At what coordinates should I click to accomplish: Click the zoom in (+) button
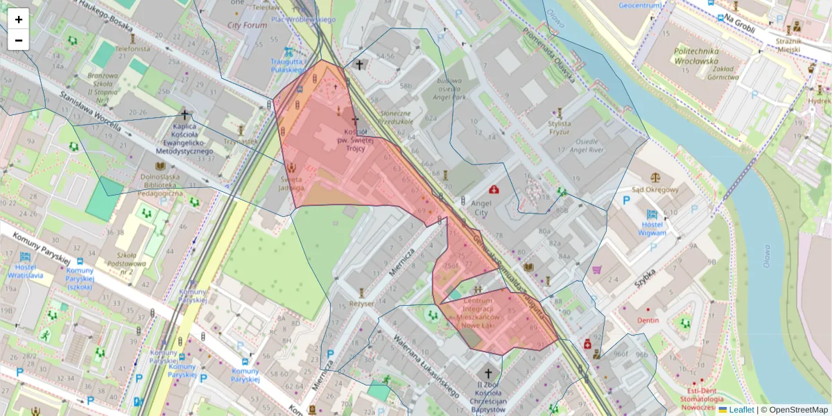click(x=19, y=19)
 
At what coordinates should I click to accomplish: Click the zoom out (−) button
click(x=19, y=40)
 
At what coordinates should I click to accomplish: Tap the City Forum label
click(x=247, y=26)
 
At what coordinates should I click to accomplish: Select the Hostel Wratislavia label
click(x=26, y=271)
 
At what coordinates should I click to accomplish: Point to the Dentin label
click(x=648, y=320)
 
